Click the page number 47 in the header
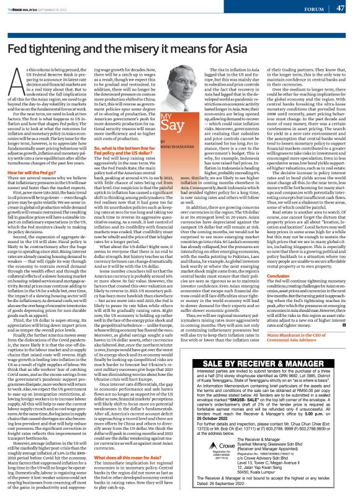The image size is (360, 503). click(340, 8)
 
